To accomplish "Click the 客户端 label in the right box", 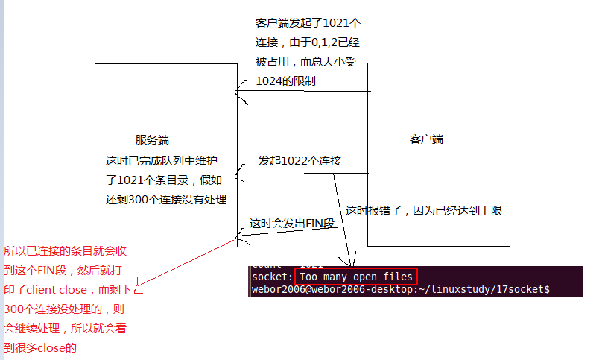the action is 427,139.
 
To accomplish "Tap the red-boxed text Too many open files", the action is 356,277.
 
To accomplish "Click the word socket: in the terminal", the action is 272,277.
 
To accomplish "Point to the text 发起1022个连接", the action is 300,161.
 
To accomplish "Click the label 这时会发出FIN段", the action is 292,224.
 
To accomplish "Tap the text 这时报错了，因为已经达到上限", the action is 424,210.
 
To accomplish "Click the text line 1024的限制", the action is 285,80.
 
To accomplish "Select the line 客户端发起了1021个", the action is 308,24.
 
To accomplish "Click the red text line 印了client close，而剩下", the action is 69,289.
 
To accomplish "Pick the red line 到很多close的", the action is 40,347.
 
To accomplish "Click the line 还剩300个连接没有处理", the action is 166,199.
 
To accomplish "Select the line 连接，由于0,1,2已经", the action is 308,42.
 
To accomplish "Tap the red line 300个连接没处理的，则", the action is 64,309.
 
